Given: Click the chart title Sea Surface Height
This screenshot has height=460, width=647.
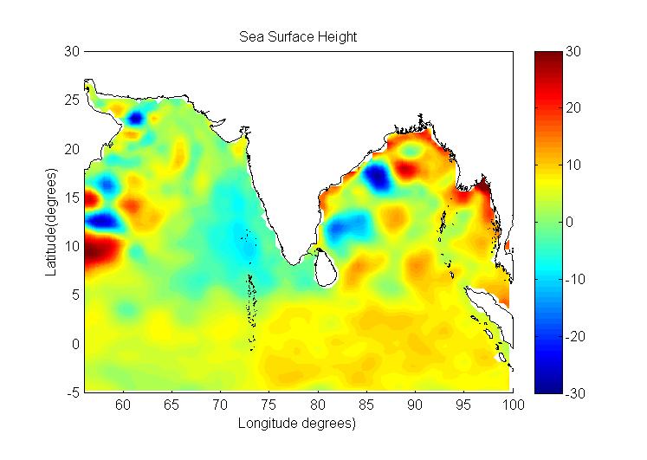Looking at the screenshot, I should pos(299,37).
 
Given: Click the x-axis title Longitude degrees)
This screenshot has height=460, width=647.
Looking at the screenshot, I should pos(298,424).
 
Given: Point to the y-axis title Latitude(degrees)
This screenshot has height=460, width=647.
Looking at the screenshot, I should pos(51,223).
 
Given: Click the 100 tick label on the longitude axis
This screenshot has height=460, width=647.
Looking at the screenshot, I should pos(513,405).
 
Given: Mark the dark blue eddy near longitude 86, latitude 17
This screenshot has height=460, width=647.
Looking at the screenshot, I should pos(378,177).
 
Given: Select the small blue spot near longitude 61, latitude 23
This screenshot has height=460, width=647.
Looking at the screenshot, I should pos(137,118).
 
